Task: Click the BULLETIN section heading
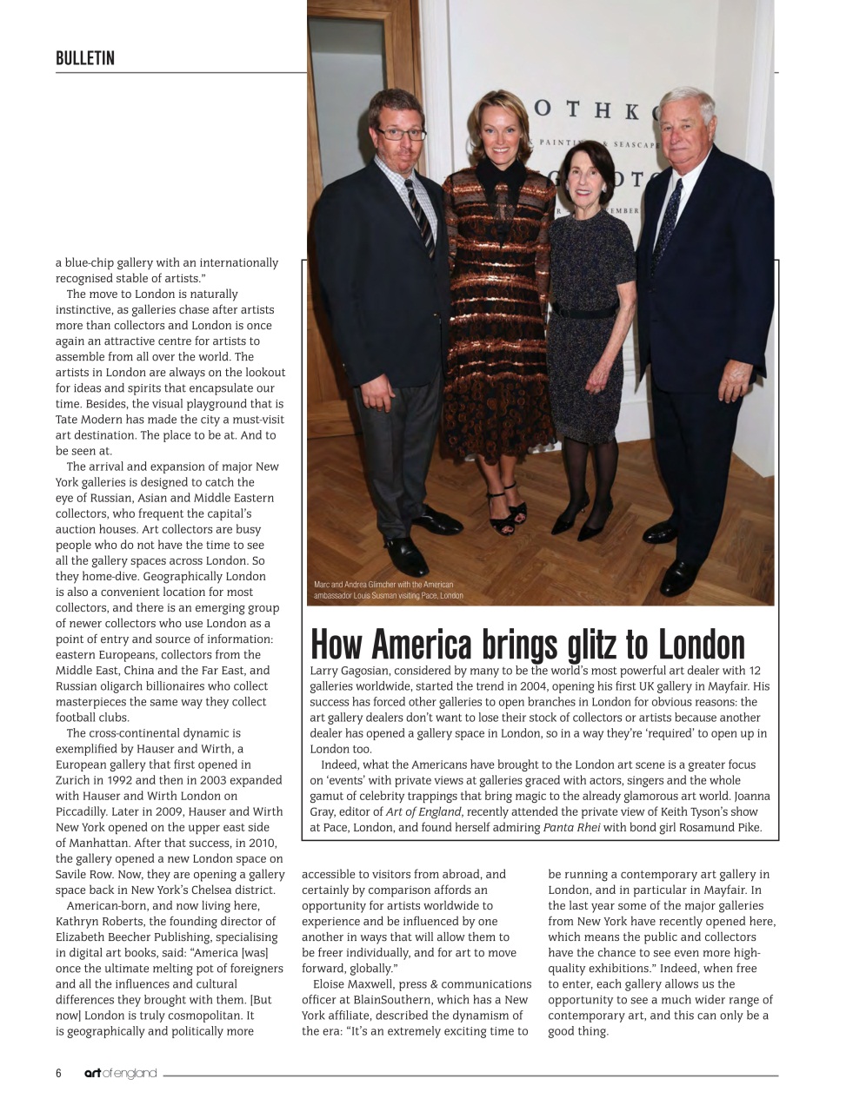[85, 58]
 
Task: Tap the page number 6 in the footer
[58, 1073]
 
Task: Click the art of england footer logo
[120, 1073]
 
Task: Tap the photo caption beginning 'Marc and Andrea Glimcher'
[388, 590]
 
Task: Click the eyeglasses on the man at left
[400, 134]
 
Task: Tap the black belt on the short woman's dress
[588, 309]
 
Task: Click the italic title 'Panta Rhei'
[571, 827]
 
